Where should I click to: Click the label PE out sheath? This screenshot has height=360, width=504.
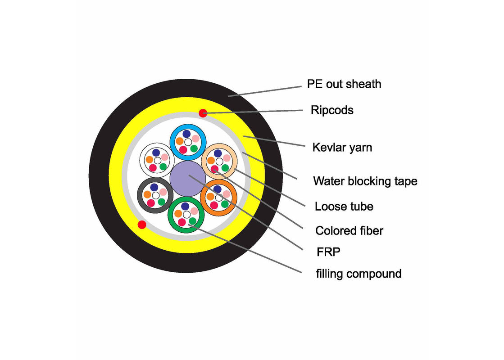344,84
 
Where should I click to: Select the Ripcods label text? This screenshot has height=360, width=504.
331,110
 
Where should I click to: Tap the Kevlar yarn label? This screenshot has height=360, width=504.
342,147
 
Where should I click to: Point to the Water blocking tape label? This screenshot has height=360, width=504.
365,181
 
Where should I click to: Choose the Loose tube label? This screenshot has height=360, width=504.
344,207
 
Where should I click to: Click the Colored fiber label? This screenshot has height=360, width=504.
349,231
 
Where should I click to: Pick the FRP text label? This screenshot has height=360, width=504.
327,252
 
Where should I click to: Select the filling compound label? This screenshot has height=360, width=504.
359,273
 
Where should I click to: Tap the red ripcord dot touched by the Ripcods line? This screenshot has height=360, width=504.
203,113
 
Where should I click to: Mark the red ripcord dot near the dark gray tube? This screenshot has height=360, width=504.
141,224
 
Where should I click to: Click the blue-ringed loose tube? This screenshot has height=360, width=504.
186,141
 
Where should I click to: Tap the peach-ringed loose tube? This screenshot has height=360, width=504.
218,160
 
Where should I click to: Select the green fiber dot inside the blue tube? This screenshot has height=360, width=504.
194,148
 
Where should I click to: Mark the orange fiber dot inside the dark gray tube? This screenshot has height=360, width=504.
146,195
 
